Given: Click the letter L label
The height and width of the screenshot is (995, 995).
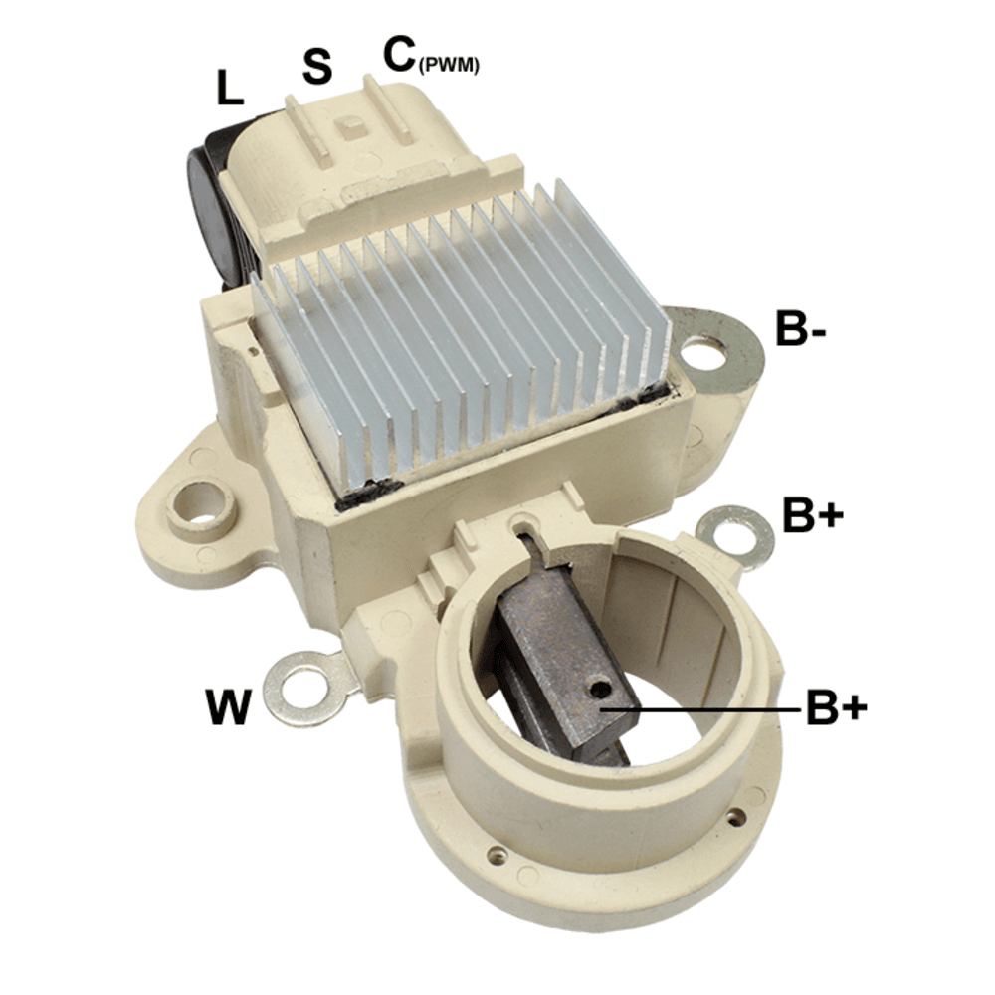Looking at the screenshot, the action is pos(229,88).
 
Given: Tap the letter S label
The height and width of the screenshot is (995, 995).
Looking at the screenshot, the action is pos(317,67).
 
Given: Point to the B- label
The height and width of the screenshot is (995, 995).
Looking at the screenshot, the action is pos(800,328).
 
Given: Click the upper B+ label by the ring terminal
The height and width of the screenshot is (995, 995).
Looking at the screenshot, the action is pos(813,514).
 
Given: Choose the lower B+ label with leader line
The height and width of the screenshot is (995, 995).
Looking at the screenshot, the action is pos(837,706).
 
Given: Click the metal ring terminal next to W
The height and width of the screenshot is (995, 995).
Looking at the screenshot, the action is pos(305,688).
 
